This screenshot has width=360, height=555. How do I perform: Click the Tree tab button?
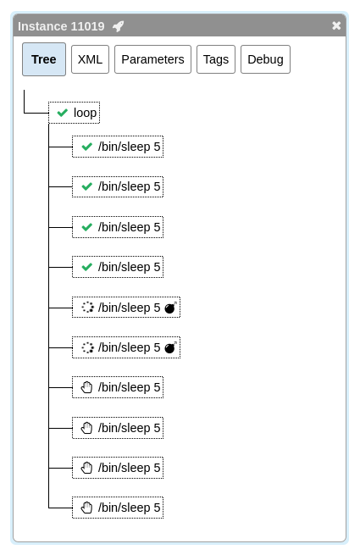click(44, 59)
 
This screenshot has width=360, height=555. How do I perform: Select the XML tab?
click(90, 59)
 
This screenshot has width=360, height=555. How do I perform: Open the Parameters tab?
click(152, 59)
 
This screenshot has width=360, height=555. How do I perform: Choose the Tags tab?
click(216, 59)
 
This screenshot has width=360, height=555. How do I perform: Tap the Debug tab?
click(265, 59)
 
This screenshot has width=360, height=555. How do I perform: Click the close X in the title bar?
click(336, 25)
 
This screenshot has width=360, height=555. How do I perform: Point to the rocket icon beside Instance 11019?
click(119, 26)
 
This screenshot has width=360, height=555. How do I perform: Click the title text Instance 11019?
click(61, 26)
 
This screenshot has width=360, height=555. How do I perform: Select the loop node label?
click(85, 113)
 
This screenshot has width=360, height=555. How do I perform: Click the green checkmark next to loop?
click(63, 113)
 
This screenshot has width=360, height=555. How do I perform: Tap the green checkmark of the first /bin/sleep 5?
click(86, 147)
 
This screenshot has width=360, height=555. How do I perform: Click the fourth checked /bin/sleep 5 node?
click(118, 267)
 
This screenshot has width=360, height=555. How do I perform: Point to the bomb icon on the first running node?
click(170, 308)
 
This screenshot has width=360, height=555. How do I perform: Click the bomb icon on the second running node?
click(170, 347)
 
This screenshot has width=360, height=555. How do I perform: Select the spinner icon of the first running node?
click(87, 308)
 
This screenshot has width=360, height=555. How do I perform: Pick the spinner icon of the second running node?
click(87, 347)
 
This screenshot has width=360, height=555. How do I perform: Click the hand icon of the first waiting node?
click(86, 387)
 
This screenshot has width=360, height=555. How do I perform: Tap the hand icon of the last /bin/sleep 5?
click(86, 508)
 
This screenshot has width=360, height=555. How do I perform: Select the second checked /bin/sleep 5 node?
click(118, 186)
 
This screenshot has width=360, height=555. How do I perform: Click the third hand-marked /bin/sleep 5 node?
click(118, 468)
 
